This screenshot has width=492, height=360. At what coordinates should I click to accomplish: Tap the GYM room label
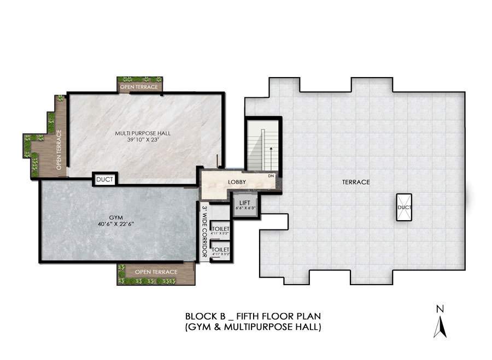click(x=115, y=217)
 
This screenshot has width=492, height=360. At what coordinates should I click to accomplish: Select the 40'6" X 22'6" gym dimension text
click(x=115, y=224)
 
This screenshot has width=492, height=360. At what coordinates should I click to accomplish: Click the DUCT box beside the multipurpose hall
click(x=104, y=179)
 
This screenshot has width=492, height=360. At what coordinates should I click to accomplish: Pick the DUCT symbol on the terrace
click(x=405, y=207)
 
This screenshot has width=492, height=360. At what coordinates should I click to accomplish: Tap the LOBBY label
click(x=237, y=182)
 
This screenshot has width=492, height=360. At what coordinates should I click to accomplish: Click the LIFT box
click(x=244, y=205)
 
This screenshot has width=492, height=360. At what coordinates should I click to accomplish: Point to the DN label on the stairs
click(x=271, y=176)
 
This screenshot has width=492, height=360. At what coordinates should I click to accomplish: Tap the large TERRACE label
click(x=356, y=182)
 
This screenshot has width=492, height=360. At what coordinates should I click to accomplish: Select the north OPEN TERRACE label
click(x=139, y=87)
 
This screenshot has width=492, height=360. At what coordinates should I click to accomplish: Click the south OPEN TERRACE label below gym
click(x=156, y=272)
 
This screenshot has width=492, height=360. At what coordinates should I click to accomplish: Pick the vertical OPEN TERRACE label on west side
click(x=59, y=149)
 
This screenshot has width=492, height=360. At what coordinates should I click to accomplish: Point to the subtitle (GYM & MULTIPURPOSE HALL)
click(x=253, y=327)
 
